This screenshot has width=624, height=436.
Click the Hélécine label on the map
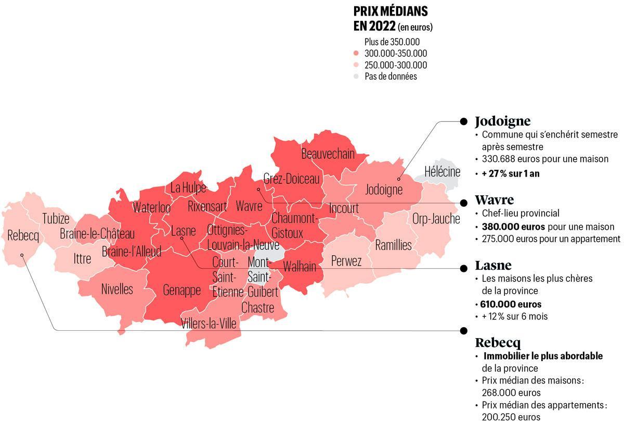[442, 171]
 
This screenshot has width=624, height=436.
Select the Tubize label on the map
[56, 218]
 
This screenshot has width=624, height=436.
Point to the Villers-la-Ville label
[209, 323]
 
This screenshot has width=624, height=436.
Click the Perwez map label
[346, 261]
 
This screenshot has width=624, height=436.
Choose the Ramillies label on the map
[393, 245]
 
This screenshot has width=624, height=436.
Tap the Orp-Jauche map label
[436, 218]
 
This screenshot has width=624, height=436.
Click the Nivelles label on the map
[117, 289]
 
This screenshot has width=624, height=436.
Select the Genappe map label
[181, 290]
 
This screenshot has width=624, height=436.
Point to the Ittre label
[82, 258]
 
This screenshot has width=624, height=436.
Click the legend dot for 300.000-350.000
[356, 54]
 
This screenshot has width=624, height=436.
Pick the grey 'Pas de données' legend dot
[356, 77]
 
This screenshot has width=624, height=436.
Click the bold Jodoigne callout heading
[502, 121]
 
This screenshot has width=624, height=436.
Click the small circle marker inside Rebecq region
[22, 255]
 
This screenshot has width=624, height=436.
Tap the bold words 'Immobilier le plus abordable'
[543, 356]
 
